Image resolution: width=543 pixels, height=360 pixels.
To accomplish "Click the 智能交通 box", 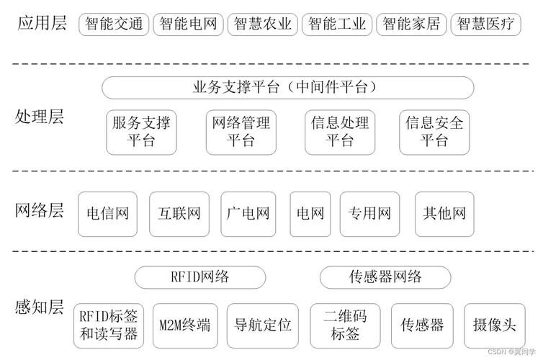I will click(114, 24).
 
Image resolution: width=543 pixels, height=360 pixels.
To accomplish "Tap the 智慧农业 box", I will click(262, 24).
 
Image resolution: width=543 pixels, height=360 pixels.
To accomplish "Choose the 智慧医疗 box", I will click(486, 24).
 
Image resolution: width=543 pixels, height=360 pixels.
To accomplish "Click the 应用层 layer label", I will click(40, 23).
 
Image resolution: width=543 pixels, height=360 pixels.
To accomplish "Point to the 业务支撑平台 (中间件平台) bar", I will click(287, 88).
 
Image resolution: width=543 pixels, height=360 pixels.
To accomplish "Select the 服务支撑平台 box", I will click(141, 131).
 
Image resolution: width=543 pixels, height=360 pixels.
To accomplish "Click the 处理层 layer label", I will click(39, 117).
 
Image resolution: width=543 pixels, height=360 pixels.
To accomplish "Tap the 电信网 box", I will click(107, 213).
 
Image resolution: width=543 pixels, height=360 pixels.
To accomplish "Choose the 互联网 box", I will click(179, 213).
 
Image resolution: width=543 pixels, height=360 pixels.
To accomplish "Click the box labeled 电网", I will click(310, 213).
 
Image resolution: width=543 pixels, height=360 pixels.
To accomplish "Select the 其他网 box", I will click(444, 213).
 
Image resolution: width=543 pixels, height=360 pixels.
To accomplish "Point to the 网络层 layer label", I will click(39, 211).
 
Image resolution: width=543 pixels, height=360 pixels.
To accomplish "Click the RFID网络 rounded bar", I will click(200, 277).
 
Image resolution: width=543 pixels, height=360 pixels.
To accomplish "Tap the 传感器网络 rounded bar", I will click(385, 277).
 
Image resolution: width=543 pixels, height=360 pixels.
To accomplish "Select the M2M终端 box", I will click(185, 325).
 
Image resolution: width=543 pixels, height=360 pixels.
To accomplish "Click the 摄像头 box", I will click(490, 325).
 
